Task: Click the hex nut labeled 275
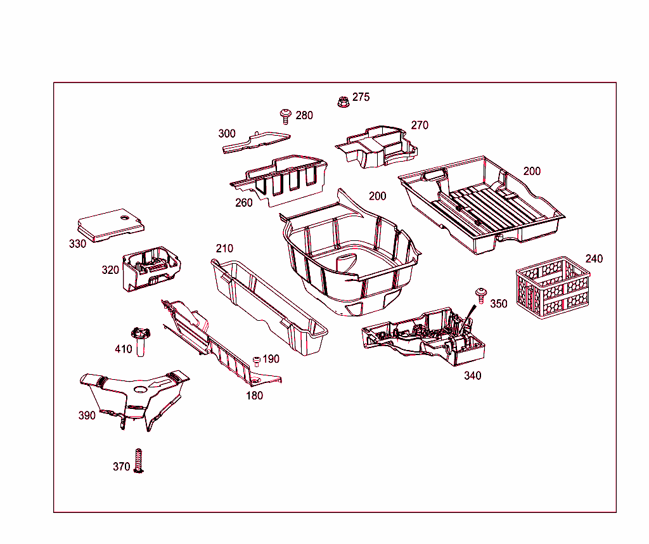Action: (342, 101)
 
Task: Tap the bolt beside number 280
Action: (286, 115)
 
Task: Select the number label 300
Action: (227, 134)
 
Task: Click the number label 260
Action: (243, 203)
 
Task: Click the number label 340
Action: (472, 375)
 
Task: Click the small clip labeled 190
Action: (257, 361)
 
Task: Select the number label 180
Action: (254, 396)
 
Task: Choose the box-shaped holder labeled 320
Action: (151, 268)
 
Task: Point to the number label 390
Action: (87, 415)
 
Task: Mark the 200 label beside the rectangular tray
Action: (532, 171)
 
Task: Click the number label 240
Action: (594, 259)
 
